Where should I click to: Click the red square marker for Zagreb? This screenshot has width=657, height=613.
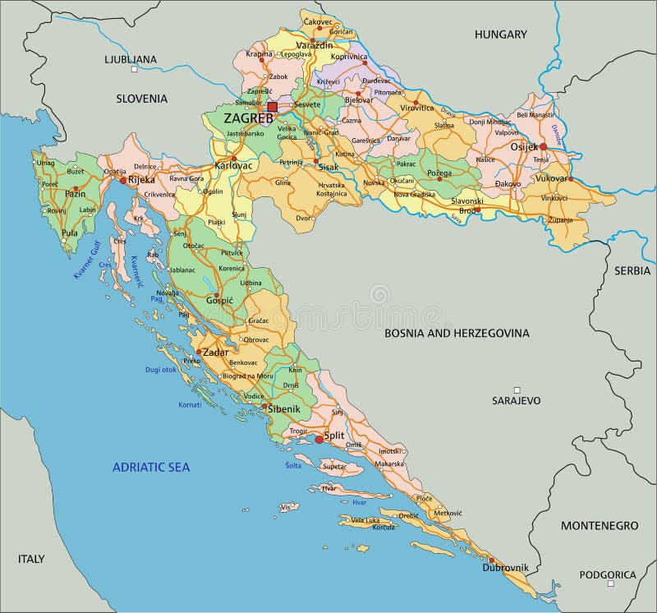[273, 107]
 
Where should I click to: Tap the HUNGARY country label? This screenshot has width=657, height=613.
[500, 35]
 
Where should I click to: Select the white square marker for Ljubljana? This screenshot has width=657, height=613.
[134, 71]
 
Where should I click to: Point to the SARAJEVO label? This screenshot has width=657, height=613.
[517, 401]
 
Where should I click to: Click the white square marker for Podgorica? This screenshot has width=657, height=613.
[611, 584]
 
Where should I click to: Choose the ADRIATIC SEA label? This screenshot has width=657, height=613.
[151, 467]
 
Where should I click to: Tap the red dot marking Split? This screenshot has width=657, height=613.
[319, 440]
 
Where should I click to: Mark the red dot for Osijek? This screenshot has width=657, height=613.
[543, 146]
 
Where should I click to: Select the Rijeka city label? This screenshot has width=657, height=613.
[142, 179]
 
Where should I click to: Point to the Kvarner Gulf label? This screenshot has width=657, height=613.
[85, 263]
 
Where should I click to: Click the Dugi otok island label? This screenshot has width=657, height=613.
[160, 370]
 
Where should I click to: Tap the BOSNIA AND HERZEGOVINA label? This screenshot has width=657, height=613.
[457, 333]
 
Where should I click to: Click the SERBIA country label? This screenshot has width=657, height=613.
[632, 270]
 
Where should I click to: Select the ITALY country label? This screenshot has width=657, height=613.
[30, 559]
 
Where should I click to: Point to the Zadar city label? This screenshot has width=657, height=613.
[216, 352]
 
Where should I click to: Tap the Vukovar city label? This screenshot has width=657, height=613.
[551, 178]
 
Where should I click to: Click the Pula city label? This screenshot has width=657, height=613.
[69, 233]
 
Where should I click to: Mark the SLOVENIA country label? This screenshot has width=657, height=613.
[141, 99]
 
